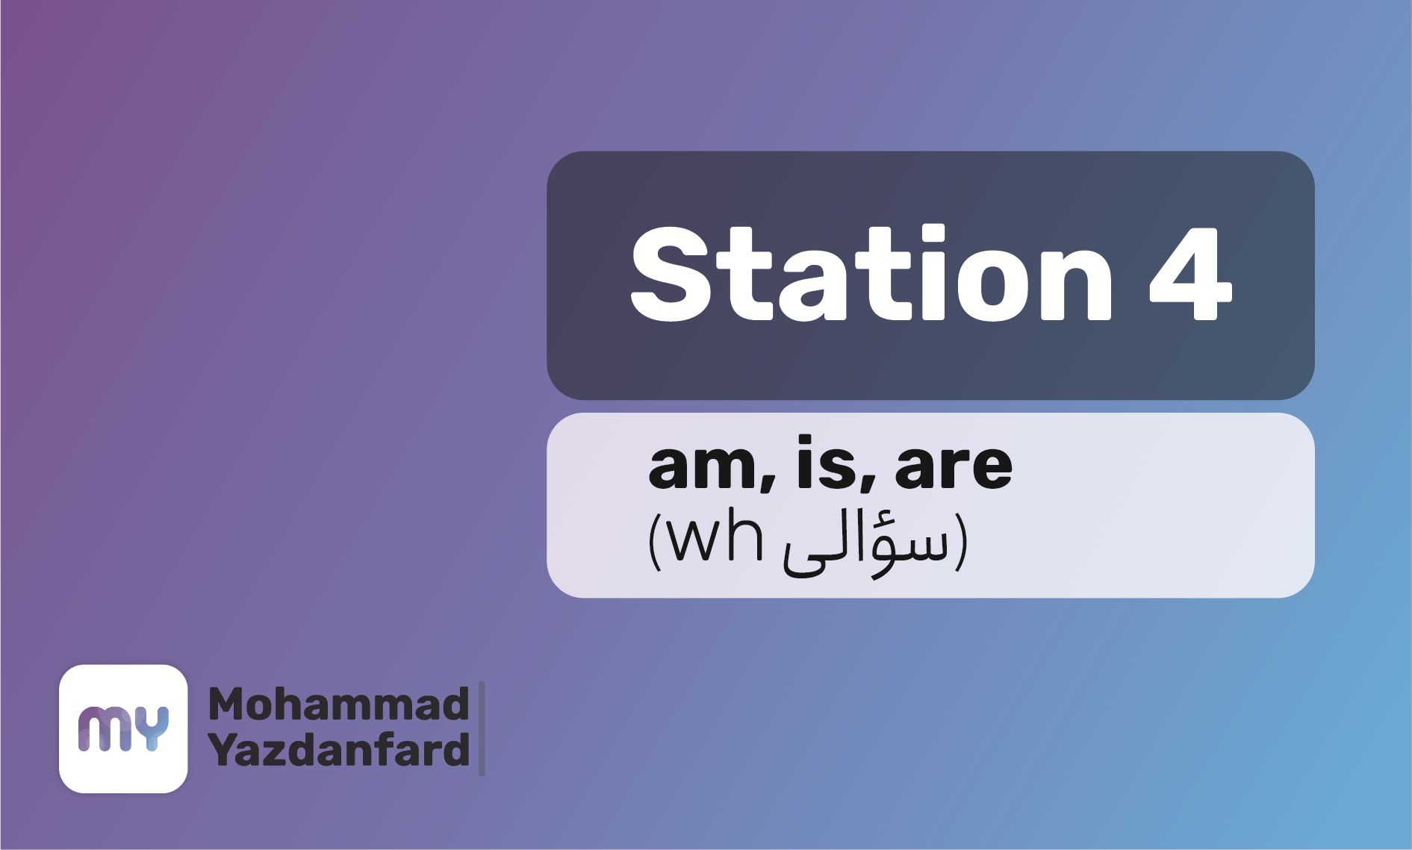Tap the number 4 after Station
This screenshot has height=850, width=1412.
pos(1190,275)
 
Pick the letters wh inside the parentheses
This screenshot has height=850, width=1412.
pos(715,537)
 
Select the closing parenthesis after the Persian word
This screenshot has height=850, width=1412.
pos(961,543)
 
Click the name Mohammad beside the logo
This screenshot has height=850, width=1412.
pos(338,704)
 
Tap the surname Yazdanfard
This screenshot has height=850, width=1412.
pos(339,750)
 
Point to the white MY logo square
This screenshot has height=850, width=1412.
pos(123,728)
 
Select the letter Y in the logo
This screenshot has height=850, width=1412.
pos(153,728)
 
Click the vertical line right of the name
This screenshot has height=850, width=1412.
pos(482,728)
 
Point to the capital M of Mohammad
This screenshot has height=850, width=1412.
pos(227,704)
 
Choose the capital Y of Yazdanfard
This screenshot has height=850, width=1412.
pos(224,750)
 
